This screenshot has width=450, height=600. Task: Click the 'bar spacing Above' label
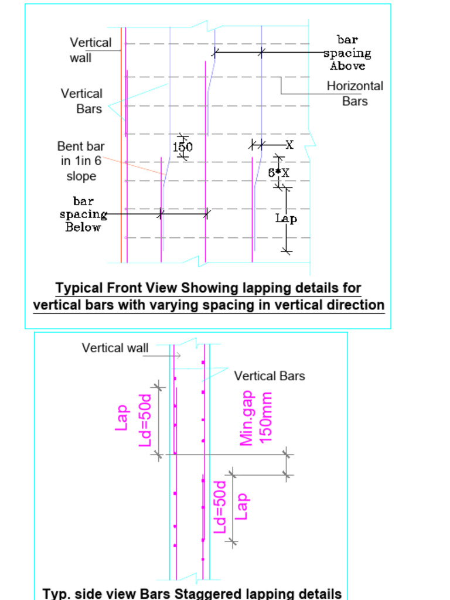coord(347,53)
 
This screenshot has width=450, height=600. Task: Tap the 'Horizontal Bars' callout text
coord(354,93)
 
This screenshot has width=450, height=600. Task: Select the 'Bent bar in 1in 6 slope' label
coord(81,161)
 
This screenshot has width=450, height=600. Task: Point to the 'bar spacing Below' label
coord(83,214)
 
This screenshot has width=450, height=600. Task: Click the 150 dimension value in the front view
coord(183,147)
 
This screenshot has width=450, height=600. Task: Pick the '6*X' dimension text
coord(279,173)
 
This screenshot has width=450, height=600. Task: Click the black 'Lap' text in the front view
coord(286,219)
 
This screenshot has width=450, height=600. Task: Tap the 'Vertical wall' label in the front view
coord(90,50)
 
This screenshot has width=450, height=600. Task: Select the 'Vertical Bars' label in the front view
coord(81,101)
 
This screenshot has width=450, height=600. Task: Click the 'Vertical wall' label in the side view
coord(115,348)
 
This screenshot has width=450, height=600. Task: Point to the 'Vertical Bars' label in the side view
coord(270,376)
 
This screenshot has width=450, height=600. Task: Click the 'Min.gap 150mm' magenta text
coord(256,418)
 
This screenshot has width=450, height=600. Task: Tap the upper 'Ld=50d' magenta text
coord(145,420)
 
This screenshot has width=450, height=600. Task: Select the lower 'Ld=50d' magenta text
coord(220,507)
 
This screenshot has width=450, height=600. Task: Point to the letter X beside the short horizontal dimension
coord(289,144)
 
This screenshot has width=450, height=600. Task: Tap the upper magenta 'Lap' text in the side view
coord(122,417)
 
